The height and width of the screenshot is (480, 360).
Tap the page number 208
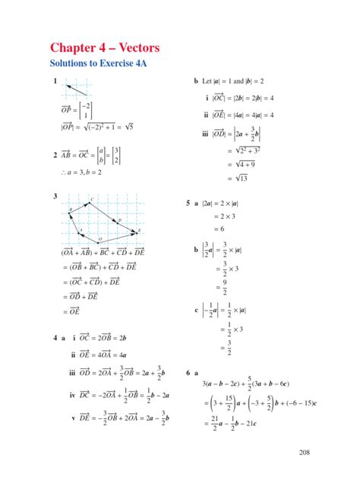pos(305,453)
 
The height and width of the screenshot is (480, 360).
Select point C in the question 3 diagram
pos(91,201)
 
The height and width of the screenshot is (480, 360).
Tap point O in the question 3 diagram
pos(99,242)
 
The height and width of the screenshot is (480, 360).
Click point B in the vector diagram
pos(71,210)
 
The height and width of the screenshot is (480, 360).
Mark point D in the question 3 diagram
pos(119,220)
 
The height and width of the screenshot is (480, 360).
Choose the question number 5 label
pos(188,204)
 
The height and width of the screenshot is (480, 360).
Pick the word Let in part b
pos(209,81)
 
